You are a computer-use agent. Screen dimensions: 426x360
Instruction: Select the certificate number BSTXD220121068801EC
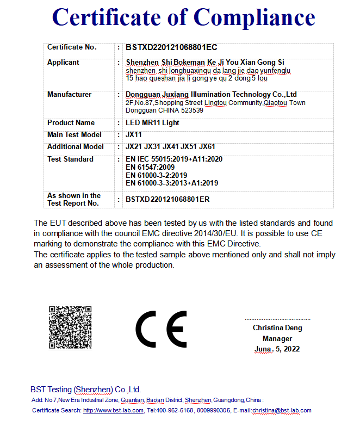click(x=171, y=47)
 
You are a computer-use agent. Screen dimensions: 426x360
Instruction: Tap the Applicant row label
click(x=63, y=63)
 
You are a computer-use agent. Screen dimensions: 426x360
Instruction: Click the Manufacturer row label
click(x=69, y=95)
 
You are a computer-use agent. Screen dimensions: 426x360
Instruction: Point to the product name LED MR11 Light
click(x=152, y=123)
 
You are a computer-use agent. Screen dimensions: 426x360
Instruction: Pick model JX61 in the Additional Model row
click(x=207, y=147)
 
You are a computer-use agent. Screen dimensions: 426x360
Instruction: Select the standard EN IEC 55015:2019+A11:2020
click(x=173, y=159)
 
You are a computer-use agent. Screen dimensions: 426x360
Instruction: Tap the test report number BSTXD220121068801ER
click(x=167, y=200)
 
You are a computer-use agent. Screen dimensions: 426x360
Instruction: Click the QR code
click(x=70, y=327)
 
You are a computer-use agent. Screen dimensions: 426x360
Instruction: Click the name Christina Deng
click(x=277, y=328)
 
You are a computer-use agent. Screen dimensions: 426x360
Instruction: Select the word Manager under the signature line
click(x=277, y=338)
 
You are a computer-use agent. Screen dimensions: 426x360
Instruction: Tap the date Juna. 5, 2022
click(x=277, y=349)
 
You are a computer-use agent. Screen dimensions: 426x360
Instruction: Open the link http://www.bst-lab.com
click(x=113, y=410)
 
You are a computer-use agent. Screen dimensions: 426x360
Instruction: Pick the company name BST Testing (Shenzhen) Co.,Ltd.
click(x=86, y=390)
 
